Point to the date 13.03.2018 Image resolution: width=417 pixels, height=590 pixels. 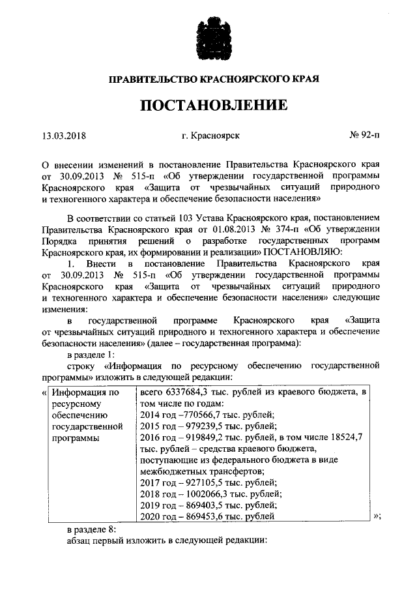click(64, 136)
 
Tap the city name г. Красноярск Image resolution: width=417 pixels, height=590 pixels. click(211, 136)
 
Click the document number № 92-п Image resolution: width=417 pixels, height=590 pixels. click(365, 136)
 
